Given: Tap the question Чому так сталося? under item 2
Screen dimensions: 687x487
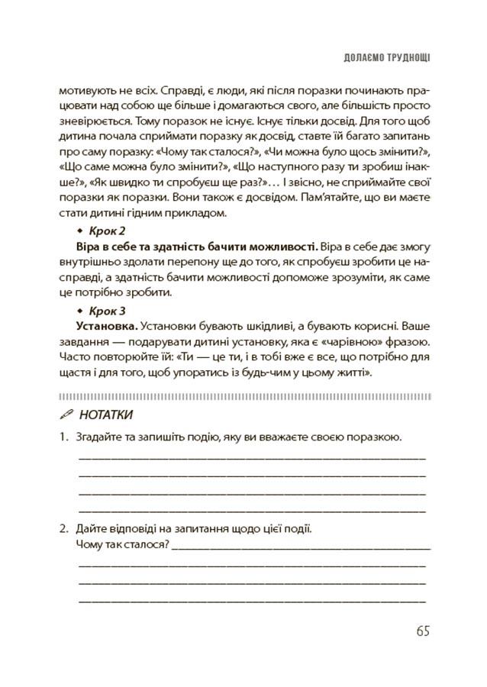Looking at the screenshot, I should (x=122, y=545).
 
